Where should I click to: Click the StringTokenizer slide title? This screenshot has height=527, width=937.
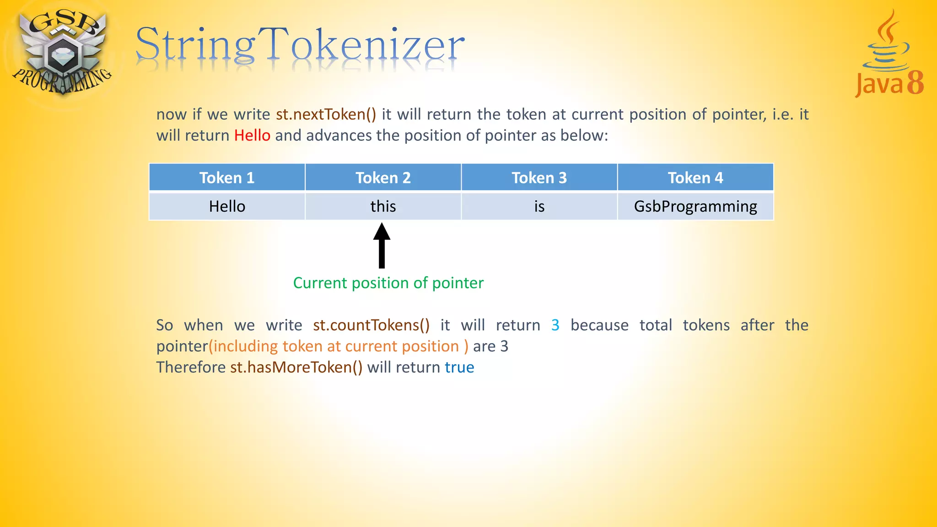coord(300,46)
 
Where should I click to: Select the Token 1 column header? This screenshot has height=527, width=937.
coord(227,177)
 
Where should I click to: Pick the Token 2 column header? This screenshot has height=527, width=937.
coord(383,177)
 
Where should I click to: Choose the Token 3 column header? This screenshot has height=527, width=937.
coord(539,177)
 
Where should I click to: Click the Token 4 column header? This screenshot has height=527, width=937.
coord(695,177)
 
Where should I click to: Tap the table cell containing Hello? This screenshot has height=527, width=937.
coord(227,206)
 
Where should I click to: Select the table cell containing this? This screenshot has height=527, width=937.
coord(383,206)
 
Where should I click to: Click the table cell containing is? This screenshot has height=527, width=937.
coord(539,206)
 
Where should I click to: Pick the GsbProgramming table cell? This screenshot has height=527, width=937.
coord(695,206)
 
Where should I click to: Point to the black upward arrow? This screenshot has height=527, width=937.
coord(382,246)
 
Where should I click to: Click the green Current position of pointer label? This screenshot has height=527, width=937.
coord(388,283)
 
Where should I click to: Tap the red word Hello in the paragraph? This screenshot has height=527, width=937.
coord(252,135)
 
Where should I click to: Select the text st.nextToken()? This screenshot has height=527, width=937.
coord(326,114)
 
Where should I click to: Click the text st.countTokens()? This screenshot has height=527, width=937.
coord(371,325)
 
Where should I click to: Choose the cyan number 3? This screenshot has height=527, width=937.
coord(555,325)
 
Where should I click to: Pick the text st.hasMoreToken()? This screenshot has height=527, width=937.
coord(296,367)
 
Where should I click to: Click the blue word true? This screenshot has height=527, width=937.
coord(459,367)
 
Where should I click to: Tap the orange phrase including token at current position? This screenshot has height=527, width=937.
coord(338,346)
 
